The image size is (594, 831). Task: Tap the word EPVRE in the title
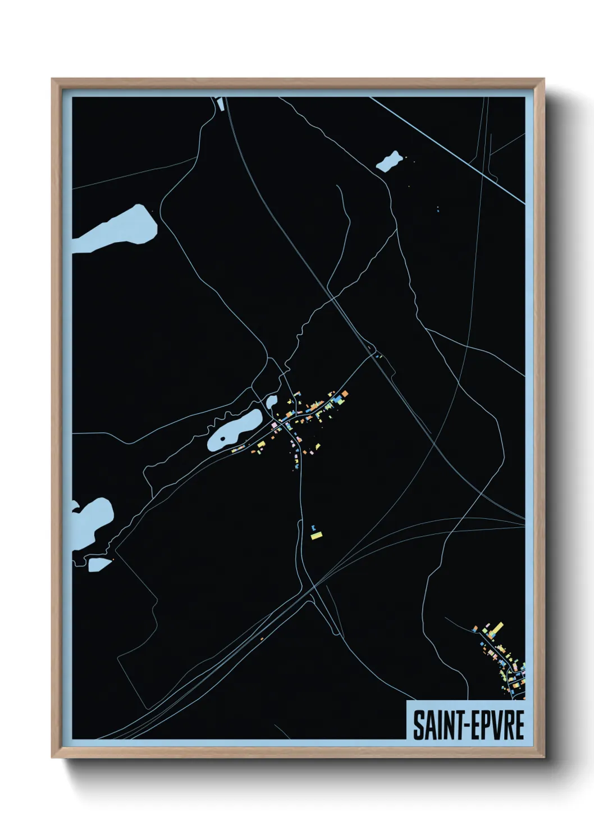click(x=496, y=725)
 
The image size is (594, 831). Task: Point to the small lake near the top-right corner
click(x=389, y=162)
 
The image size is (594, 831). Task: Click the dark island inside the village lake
click(x=223, y=439)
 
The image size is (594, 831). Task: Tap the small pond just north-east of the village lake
click(x=272, y=401)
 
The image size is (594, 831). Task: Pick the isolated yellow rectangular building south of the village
click(x=316, y=536)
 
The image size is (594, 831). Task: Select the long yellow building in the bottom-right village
click(x=497, y=627)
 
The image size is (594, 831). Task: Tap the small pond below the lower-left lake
click(x=99, y=564)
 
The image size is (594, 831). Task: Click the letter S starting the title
click(x=418, y=725)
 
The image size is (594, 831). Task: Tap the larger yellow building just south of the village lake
click(x=261, y=445)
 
